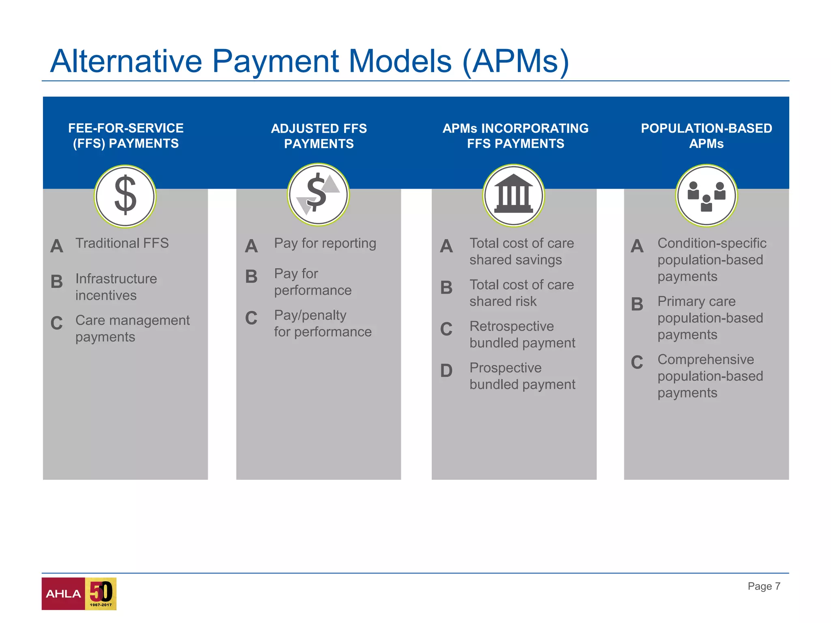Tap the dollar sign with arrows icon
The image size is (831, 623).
(x=318, y=194)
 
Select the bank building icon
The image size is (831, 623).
(x=513, y=195)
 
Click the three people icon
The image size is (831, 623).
(x=706, y=195)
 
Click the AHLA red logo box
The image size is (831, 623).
(x=63, y=594)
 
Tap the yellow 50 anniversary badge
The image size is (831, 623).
(x=101, y=594)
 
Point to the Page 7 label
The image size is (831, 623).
(x=764, y=586)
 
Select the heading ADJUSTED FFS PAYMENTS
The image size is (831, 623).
(x=319, y=136)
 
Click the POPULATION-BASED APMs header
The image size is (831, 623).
(x=706, y=136)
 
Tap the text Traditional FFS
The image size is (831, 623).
(x=122, y=243)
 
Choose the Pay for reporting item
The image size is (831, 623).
(x=325, y=243)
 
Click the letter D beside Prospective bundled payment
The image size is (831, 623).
(x=446, y=370)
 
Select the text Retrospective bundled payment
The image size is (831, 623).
(x=522, y=335)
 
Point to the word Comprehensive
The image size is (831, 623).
(x=706, y=359)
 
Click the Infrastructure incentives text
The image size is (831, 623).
(x=116, y=287)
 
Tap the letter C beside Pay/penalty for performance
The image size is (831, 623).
(x=251, y=318)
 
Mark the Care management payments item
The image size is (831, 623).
(x=132, y=329)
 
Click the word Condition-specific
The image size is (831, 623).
(x=712, y=243)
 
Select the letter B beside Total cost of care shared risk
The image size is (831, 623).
(x=446, y=288)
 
